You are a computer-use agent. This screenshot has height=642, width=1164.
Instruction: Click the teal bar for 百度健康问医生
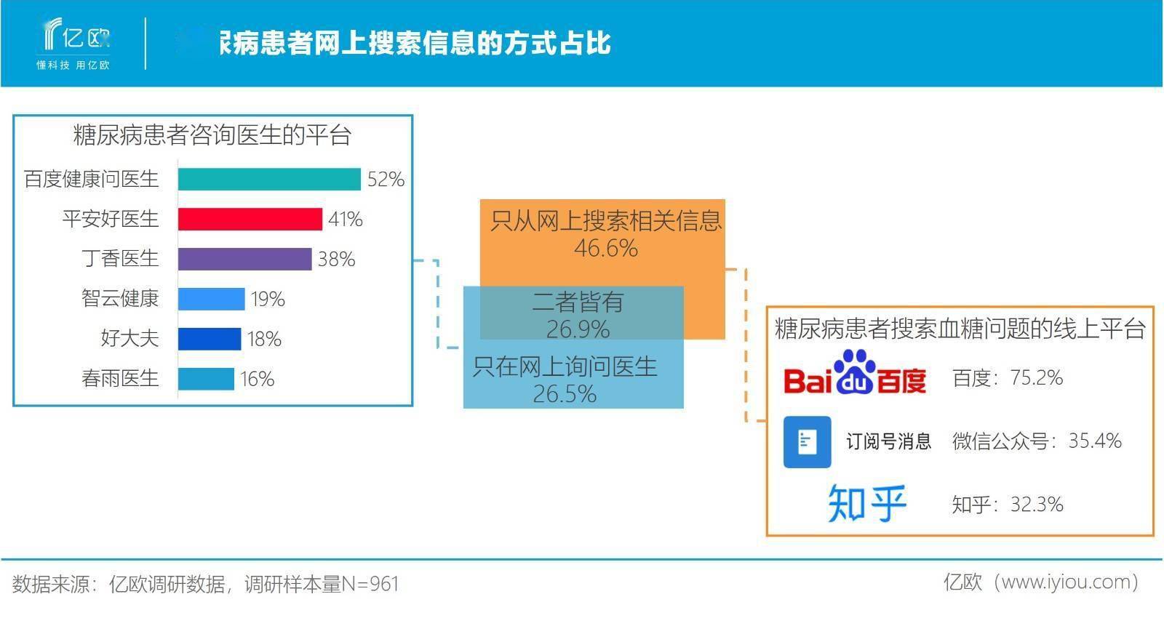[x=269, y=179]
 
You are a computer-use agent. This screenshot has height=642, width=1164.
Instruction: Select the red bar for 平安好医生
[x=250, y=219]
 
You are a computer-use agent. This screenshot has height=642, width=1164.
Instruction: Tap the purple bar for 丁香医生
[x=244, y=259]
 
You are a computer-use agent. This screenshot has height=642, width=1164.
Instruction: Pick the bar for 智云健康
[x=211, y=299]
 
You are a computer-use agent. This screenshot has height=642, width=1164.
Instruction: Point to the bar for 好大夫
[x=209, y=339]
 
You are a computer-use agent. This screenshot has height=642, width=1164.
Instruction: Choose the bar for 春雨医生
[x=206, y=379]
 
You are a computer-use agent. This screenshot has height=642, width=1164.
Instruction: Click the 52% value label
[x=386, y=180]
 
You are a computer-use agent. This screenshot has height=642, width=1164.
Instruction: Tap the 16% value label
[x=258, y=379]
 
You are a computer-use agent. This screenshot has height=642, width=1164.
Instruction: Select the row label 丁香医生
[x=120, y=258]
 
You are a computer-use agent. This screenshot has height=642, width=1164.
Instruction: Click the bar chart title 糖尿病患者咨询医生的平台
[x=212, y=135]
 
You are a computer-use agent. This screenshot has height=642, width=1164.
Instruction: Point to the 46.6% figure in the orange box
[x=605, y=249]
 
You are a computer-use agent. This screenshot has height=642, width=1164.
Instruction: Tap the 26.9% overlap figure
[x=578, y=329]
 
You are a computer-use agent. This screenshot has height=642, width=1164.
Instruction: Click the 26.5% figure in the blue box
[x=565, y=394]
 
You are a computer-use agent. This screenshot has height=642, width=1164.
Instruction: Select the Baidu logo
[x=855, y=374]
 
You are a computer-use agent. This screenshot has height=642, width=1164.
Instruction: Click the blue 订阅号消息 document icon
[x=807, y=441]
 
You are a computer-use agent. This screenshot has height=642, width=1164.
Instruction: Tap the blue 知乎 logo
[x=866, y=503]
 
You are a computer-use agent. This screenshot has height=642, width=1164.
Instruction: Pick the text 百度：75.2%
[x=1008, y=378]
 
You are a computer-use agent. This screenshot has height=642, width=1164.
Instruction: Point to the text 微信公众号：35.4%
[x=1037, y=441]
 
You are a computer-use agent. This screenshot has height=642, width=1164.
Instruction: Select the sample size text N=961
[x=370, y=584]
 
